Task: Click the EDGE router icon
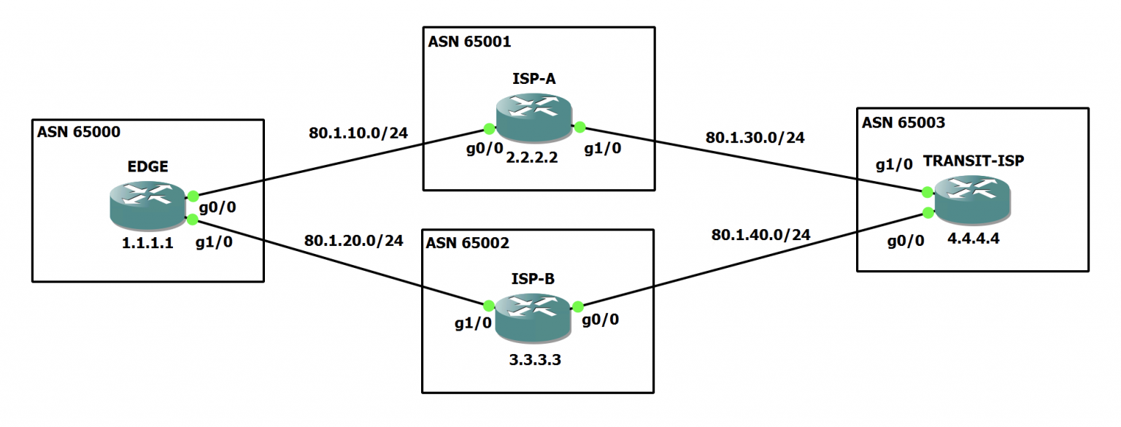pos(148,205)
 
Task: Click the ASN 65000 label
pos(77,132)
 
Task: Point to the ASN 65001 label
pos(469,41)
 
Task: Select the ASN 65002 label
pos(469,242)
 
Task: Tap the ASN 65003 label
pos(903,123)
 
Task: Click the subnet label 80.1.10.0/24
pos(358,133)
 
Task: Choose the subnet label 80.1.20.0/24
pos(354,240)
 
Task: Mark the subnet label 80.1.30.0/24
pos(755,137)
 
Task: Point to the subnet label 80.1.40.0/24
pos(760,234)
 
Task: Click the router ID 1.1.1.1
pos(147,244)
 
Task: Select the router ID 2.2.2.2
pos(533,156)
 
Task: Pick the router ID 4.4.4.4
pos(972,240)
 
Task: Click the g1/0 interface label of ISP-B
pos(472,323)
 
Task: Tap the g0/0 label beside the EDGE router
pos(217,207)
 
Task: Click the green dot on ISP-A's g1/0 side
pos(579,127)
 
